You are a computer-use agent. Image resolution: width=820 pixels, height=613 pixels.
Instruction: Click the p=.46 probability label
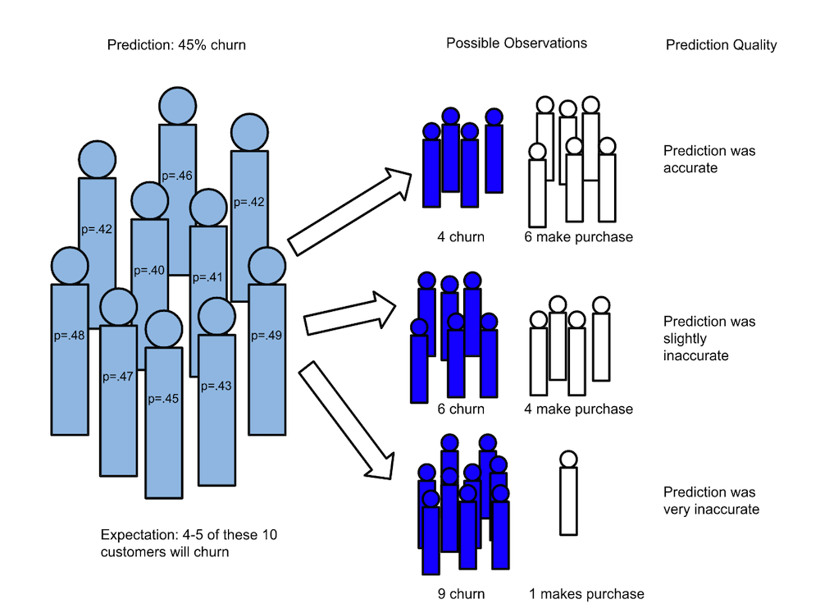click(x=177, y=175)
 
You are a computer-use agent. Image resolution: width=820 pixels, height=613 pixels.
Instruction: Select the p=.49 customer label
click(x=267, y=335)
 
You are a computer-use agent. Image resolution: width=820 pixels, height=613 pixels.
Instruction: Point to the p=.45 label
click(x=163, y=399)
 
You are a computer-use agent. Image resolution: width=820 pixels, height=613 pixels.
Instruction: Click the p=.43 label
click(x=216, y=386)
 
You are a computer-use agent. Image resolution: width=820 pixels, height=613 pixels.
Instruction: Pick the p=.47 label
click(x=118, y=377)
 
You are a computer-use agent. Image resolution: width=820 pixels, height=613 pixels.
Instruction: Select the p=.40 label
click(x=149, y=270)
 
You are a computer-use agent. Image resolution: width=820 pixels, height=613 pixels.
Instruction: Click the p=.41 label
click(x=207, y=277)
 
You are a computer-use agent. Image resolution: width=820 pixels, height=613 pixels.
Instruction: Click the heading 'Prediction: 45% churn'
click(x=176, y=45)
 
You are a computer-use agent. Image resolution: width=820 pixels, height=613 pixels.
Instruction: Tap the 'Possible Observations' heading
click(x=517, y=43)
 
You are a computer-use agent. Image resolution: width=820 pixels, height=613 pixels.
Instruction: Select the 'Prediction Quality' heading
click(x=720, y=45)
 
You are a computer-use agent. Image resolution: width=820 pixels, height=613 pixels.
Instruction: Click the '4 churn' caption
click(x=460, y=237)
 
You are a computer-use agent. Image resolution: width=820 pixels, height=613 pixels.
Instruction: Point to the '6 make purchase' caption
click(x=578, y=237)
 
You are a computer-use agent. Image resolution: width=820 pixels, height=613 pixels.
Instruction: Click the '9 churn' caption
click(x=461, y=593)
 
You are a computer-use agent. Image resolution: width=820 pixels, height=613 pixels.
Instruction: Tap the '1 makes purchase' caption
click(x=585, y=593)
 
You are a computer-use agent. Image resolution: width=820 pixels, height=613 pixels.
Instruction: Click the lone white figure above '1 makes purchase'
click(x=568, y=496)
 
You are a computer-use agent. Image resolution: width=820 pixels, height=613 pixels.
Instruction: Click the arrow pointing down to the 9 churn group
click(x=344, y=419)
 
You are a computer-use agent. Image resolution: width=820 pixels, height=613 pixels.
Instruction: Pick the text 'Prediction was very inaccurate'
click(x=710, y=501)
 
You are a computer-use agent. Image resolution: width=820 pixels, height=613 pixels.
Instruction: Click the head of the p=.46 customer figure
click(x=178, y=106)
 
